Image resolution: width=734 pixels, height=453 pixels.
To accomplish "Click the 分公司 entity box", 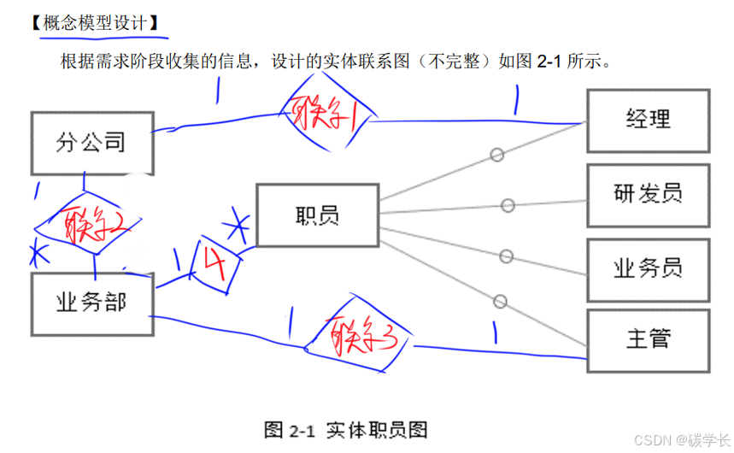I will [x=91, y=143].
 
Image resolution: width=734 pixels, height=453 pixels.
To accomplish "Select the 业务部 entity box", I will [x=91, y=304].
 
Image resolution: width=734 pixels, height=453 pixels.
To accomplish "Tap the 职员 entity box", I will [x=317, y=215].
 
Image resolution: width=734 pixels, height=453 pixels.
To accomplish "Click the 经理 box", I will [x=648, y=120].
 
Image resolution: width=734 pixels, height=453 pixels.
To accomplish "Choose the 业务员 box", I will [x=648, y=268].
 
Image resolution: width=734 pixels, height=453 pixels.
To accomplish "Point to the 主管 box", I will [x=648, y=339].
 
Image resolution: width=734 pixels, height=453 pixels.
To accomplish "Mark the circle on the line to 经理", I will [x=496, y=155].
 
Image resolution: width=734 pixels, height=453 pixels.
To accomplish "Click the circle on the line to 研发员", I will [x=508, y=205].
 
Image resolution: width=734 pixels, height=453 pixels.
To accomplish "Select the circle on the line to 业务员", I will [x=506, y=256].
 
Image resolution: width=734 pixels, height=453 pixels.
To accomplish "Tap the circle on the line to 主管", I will [x=500, y=301].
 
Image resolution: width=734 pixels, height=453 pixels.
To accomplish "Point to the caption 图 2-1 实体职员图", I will [x=346, y=428].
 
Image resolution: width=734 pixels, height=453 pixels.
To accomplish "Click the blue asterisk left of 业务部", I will [x=37, y=254].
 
